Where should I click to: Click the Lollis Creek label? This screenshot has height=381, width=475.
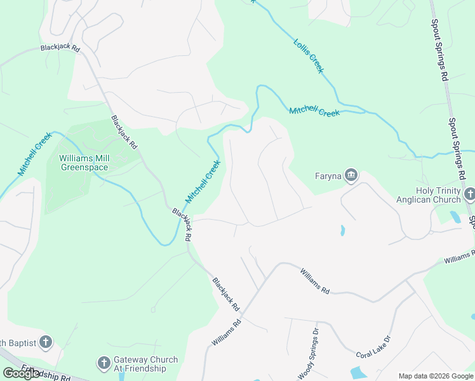coord(308,55)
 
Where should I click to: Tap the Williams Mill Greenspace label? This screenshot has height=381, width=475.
coord(84,163)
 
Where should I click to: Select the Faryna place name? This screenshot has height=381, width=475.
coord(328,176)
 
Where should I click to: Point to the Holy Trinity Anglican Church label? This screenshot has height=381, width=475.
coord(438,195)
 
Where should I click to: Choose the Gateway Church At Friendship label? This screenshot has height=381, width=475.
coord(140,363)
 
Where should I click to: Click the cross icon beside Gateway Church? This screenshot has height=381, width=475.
coord(104,363)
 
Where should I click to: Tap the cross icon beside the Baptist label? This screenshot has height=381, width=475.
coord(45,343)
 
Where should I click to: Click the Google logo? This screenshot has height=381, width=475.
coord(22,373)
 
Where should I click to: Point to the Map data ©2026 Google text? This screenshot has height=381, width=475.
coord(436,376)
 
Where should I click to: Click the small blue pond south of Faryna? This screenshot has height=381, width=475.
coord(342,230)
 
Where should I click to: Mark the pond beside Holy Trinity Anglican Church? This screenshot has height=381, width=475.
coord(455,217)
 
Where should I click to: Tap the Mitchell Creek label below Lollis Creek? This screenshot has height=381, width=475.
coord(314,112)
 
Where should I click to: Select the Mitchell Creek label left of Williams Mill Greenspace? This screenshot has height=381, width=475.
coord(34,154)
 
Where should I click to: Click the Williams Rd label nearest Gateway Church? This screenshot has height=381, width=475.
coord(227,332)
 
